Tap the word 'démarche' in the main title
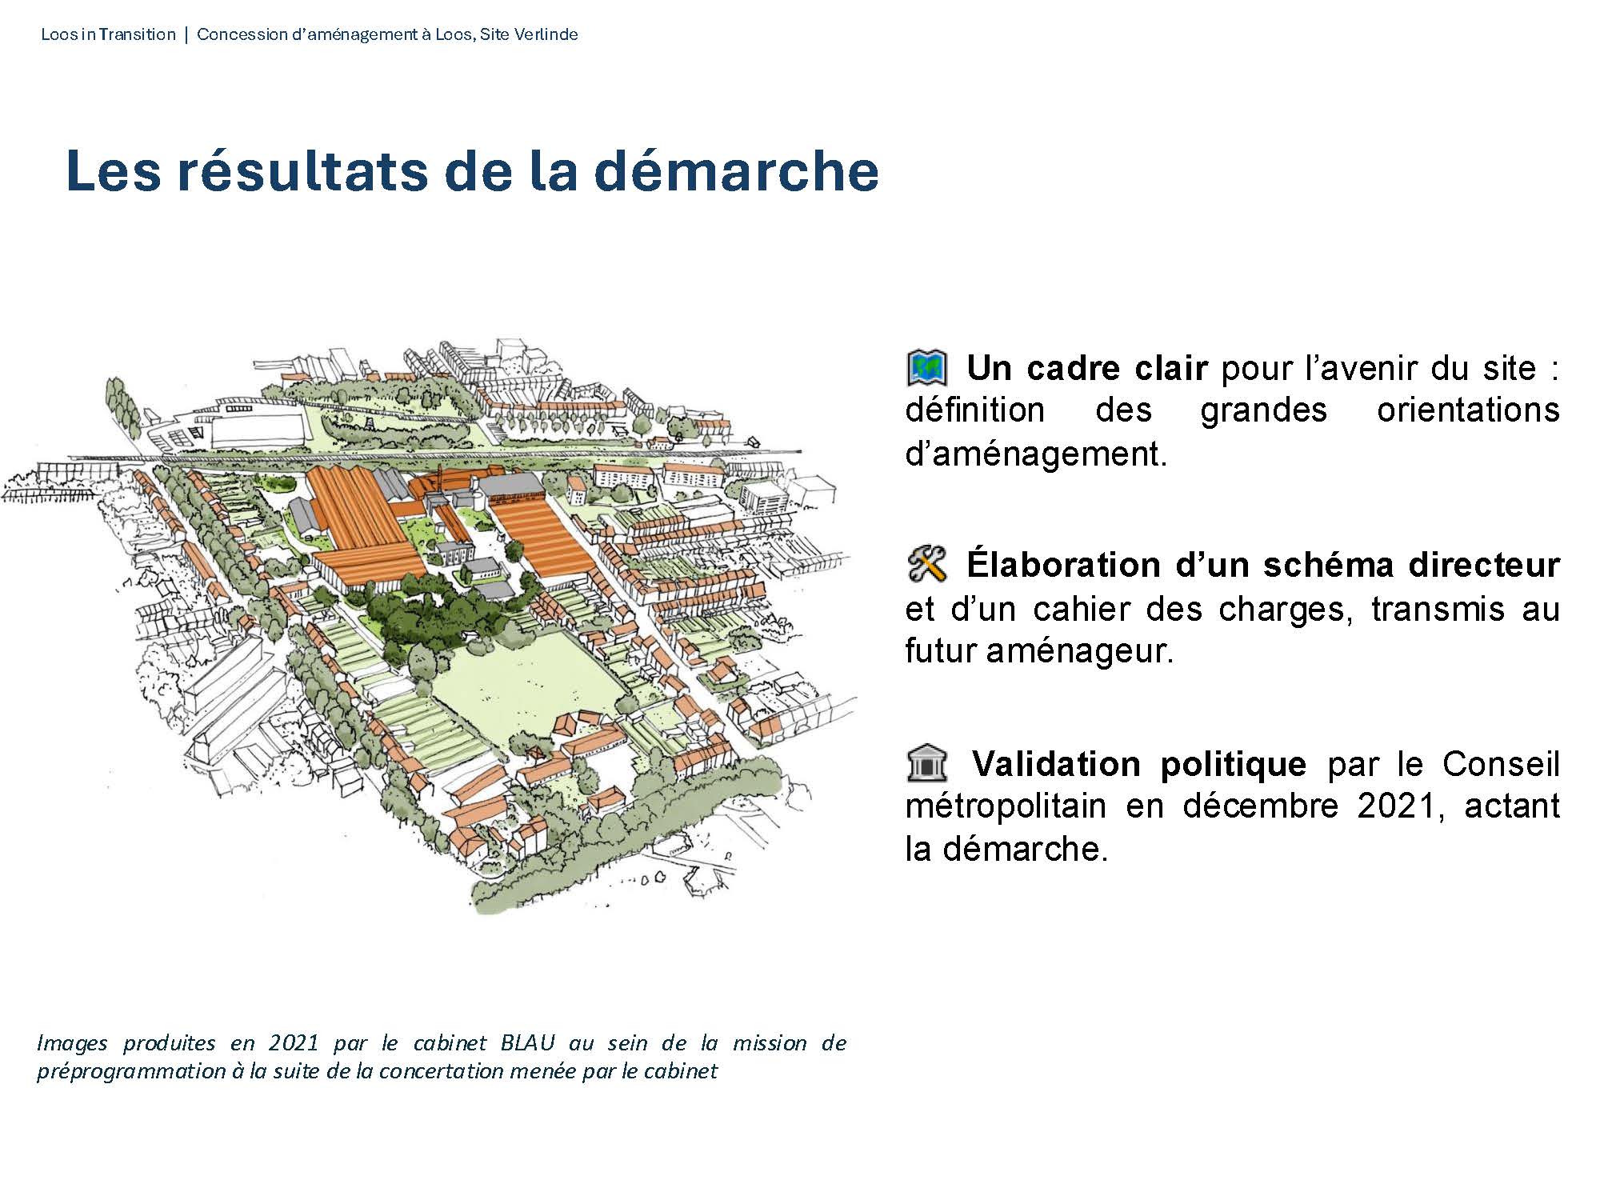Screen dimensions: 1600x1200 click(737, 170)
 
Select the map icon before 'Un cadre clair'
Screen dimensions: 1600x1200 click(927, 368)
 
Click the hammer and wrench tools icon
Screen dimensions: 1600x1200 click(927, 565)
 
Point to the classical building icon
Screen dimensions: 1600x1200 click(927, 763)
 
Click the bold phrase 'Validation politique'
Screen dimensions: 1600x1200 click(1139, 764)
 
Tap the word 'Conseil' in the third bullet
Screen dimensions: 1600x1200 click(1501, 764)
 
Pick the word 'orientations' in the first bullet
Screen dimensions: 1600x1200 click(1468, 410)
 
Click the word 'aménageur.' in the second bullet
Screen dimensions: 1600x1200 click(1079, 651)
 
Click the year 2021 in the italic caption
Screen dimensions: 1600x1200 click(294, 1043)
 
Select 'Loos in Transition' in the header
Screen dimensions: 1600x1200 click(108, 34)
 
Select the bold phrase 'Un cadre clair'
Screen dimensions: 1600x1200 click(1087, 368)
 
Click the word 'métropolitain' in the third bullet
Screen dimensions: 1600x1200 click(1006, 806)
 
